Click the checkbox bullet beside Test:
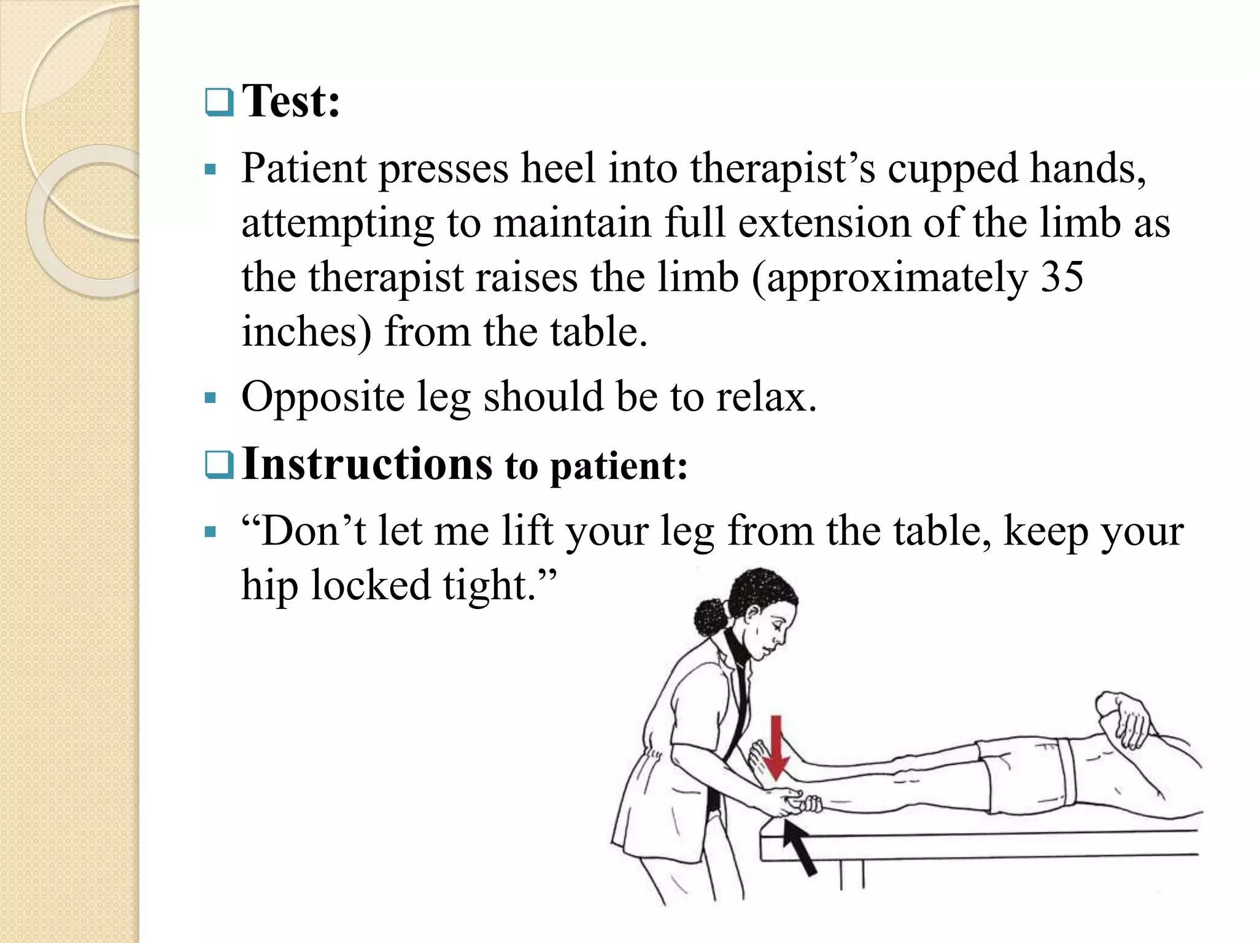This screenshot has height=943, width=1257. (219, 103)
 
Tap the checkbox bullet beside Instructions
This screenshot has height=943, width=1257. (219, 465)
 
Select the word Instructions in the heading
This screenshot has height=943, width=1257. (367, 464)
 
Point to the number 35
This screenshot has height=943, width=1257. (1062, 277)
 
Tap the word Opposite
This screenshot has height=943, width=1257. (323, 397)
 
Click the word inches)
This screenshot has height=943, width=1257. (306, 332)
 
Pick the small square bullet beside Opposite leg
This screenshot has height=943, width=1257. (211, 398)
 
